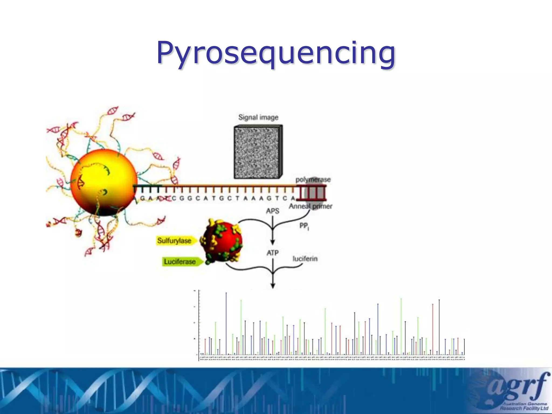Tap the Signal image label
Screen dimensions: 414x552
[258, 118]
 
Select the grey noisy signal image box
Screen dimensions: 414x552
[257, 152]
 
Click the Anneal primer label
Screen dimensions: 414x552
[310, 206]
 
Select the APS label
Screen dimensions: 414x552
[272, 211]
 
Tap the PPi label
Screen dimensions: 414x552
[304, 226]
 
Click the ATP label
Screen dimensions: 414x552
[272, 253]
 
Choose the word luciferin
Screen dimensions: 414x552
[305, 259]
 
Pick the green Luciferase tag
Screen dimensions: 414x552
[180, 262]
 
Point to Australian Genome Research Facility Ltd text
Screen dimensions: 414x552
[524, 406]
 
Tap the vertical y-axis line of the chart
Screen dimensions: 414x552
[199, 323]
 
